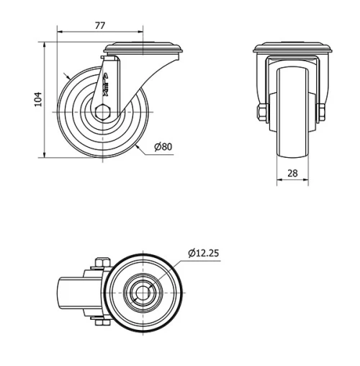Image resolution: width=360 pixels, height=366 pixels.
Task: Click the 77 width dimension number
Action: click(100, 25)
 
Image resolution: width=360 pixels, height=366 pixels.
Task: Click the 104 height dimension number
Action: click(39, 99)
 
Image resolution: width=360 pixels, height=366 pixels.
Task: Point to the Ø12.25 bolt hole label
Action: click(204, 253)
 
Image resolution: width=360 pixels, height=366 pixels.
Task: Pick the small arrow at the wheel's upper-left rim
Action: click(66, 74)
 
